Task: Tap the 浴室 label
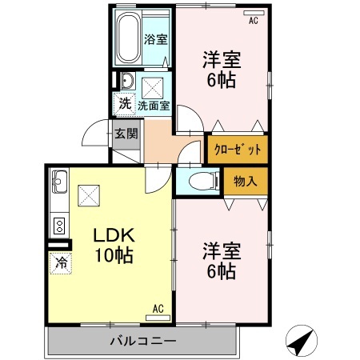pos(155,39)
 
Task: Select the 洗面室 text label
pos(153,105)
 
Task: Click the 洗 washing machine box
pos(125,102)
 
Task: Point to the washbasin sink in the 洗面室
pos(126,80)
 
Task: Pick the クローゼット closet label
pos(238,150)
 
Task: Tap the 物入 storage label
pos(245,182)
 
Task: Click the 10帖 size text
pos(112,256)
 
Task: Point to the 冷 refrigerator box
pos(61,261)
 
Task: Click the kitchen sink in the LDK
pos(59,183)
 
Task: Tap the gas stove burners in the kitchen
pos(58,223)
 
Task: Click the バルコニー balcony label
pos(142,342)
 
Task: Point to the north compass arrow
pos(300,342)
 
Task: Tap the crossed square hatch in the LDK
pos(89,194)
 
